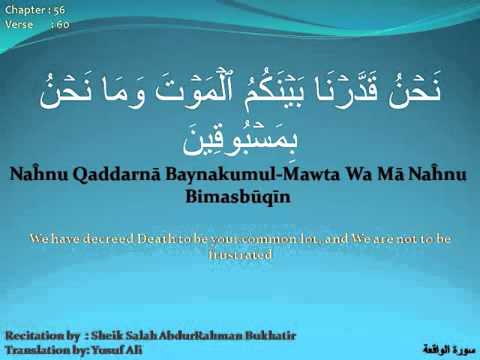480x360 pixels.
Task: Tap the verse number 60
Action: coord(63,22)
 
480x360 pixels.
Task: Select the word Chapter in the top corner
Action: coord(21,8)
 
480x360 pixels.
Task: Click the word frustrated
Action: coord(239,254)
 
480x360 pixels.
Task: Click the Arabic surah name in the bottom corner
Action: coord(446,346)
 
